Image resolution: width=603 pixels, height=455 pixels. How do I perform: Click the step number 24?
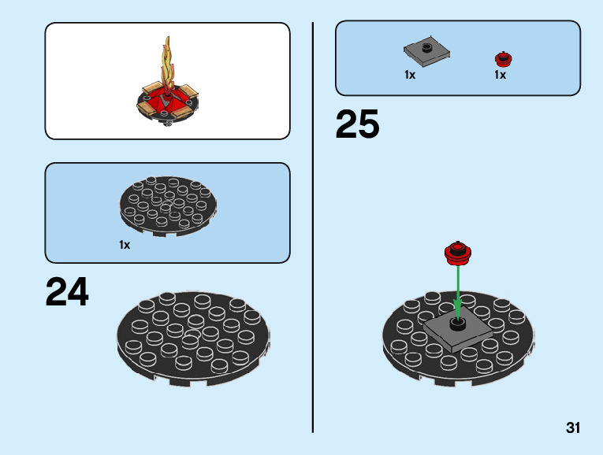pos(68,291)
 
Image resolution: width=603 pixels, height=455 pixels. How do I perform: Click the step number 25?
pos(357,125)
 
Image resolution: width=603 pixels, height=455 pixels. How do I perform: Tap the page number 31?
pos(573,428)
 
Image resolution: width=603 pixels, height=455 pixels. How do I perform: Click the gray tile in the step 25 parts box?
pos(426,53)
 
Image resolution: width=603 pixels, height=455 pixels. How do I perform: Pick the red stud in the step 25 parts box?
pos(502,58)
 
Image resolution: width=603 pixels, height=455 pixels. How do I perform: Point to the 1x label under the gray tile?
pos(410,76)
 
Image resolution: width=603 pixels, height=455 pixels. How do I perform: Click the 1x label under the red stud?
pos(501,76)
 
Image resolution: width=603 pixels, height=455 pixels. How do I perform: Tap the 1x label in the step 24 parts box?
pos(125,245)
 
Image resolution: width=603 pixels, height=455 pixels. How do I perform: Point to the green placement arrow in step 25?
pos(457,287)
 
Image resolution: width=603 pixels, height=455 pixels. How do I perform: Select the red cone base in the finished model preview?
pos(167,101)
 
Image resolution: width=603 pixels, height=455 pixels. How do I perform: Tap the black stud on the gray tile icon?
pos(426,47)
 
